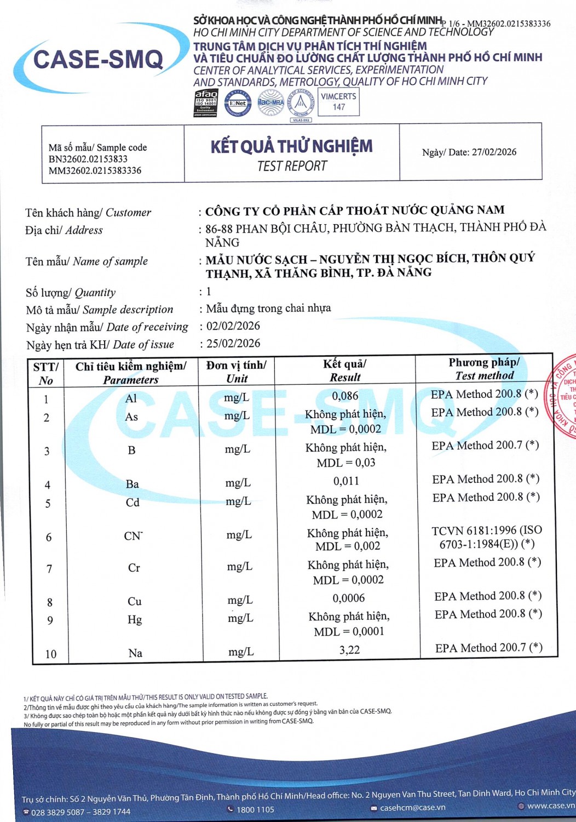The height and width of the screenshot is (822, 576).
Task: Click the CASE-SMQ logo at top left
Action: [99, 59]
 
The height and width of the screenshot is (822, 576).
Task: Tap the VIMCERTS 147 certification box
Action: [338, 102]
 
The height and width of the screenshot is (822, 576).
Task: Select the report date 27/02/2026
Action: [494, 152]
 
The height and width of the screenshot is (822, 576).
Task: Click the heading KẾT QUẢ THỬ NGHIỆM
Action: [291, 146]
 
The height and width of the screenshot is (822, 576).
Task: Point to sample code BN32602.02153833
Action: [88, 159]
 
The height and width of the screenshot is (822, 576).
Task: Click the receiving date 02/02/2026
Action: [233, 326]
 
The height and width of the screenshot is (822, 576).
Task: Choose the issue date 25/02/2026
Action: [233, 344]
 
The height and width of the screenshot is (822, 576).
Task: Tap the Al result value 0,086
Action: [345, 396]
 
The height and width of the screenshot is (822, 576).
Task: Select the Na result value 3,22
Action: [349, 650]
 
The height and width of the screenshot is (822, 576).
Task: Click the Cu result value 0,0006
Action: [348, 598]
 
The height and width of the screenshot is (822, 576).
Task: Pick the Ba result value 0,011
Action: [346, 481]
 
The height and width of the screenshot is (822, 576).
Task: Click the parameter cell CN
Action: [133, 536]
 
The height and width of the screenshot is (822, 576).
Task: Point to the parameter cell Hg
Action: [135, 620]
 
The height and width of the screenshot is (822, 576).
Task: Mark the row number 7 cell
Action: [49, 569]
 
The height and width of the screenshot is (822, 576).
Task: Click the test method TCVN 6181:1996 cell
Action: [486, 537]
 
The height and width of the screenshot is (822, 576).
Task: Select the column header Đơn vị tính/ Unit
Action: [237, 372]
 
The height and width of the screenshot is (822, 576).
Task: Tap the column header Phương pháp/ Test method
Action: [484, 369]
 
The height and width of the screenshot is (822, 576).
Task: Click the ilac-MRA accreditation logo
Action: [270, 102]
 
